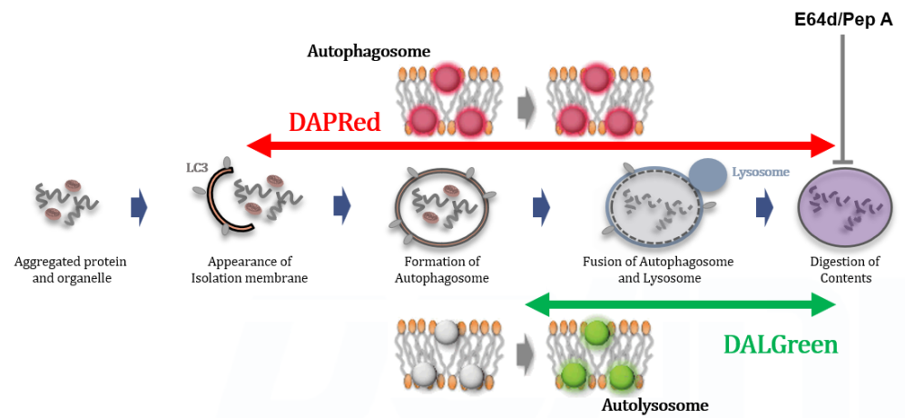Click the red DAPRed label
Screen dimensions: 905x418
334,123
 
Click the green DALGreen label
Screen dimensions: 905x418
780,345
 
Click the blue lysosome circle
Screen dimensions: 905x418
708,175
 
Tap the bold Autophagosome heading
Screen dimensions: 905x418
369,52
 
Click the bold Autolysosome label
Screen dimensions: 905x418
654,404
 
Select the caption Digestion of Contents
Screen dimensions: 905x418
845,270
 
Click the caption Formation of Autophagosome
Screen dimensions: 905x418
441,270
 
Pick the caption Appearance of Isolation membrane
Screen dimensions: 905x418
250,270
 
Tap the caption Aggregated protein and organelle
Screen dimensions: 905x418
70,270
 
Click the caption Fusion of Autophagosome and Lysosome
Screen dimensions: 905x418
658,270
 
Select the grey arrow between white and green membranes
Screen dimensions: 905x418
526,357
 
